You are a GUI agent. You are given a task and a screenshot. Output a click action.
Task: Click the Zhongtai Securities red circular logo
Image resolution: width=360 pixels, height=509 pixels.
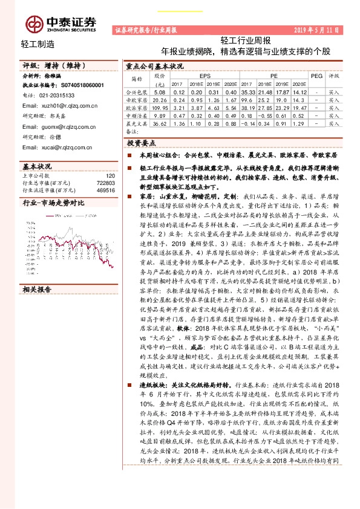click(x=34, y=24)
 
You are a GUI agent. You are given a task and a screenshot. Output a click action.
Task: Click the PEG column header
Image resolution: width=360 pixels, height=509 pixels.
click(x=316, y=77)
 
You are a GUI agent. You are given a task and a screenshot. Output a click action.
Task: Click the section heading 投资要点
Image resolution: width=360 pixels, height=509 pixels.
click(x=142, y=144)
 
